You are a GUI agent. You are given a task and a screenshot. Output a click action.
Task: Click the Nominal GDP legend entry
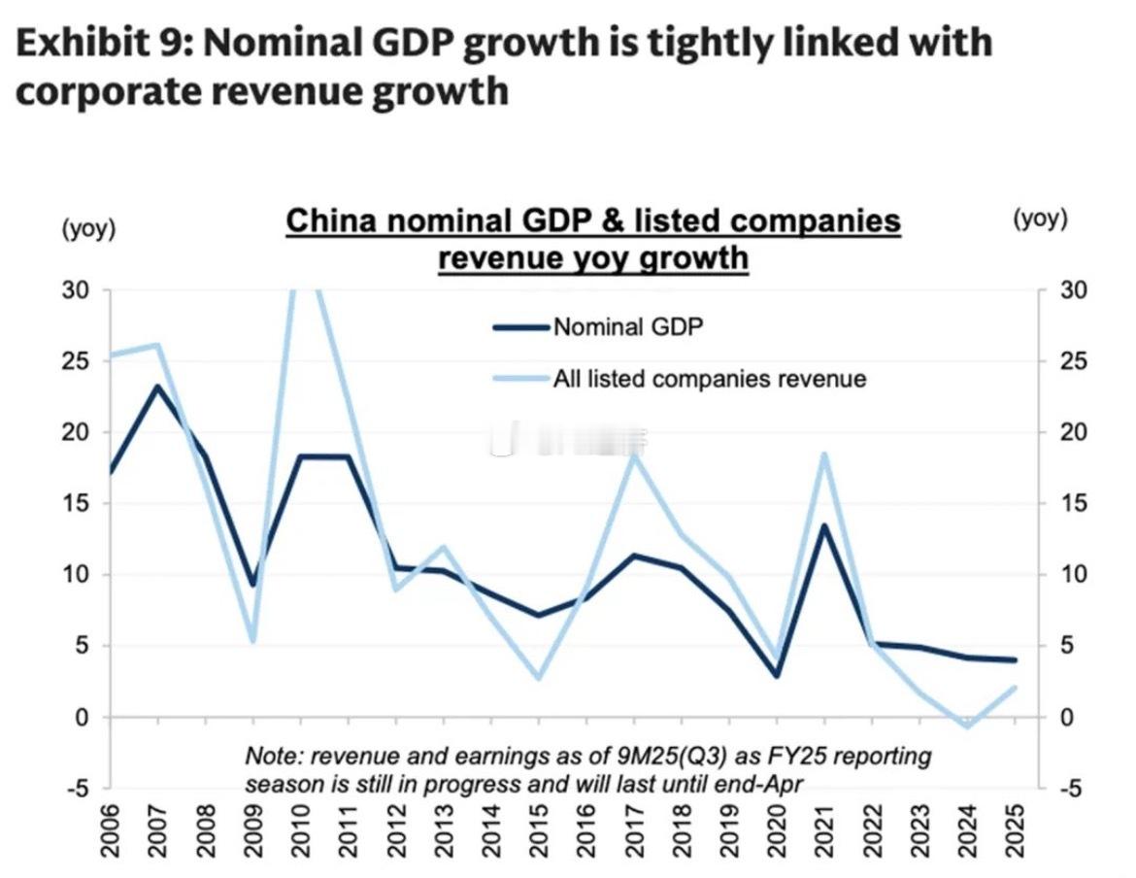(627, 326)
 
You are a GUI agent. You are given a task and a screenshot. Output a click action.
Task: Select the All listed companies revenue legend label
(709, 379)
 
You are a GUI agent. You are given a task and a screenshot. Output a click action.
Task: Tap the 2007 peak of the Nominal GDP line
(157, 387)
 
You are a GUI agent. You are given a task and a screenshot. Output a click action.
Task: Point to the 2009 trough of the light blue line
(252, 641)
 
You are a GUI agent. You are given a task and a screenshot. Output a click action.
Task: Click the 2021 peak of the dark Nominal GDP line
(823, 525)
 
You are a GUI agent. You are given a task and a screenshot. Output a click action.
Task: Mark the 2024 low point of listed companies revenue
(967, 726)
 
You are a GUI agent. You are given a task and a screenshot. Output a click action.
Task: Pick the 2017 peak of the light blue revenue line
(633, 456)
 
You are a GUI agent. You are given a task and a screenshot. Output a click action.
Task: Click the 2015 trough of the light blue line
(538, 677)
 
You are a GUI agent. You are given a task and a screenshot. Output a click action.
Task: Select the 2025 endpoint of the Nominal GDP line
(1015, 660)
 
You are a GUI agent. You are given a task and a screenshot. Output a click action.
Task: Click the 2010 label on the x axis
(300, 830)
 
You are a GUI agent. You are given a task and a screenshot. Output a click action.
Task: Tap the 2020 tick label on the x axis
(776, 830)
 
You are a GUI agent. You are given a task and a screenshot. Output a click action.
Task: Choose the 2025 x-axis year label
(1015, 830)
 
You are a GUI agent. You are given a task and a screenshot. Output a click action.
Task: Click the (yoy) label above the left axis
(87, 229)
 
